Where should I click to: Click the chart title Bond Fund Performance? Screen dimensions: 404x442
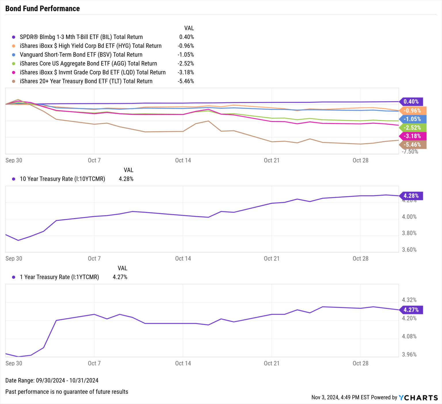(x=43, y=9)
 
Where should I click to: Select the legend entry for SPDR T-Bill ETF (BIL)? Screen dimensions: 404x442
(x=81, y=37)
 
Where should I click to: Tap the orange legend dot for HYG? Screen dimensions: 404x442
(x=14, y=46)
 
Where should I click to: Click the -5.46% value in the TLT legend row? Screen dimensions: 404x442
(x=186, y=81)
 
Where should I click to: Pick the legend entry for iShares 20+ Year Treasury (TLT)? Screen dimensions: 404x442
(x=86, y=81)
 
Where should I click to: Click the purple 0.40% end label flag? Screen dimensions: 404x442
(x=411, y=102)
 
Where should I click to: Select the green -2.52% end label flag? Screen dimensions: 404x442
(x=412, y=127)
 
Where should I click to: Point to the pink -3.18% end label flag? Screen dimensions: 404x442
(x=412, y=136)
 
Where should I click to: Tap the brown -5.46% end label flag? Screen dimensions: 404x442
(x=412, y=145)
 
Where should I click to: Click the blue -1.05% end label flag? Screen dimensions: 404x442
(x=412, y=119)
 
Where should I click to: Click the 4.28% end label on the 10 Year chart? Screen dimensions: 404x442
(x=411, y=196)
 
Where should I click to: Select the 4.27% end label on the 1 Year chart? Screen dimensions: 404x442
(x=411, y=310)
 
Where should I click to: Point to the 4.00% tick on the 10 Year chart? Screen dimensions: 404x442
(x=409, y=217)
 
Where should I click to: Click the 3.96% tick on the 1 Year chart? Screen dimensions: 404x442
(x=409, y=355)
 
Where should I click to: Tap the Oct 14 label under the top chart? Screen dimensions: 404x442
(x=183, y=160)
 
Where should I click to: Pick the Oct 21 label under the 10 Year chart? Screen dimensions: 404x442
(x=272, y=258)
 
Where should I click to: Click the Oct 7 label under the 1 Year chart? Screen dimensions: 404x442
(x=94, y=363)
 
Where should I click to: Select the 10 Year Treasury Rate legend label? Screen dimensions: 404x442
(x=62, y=179)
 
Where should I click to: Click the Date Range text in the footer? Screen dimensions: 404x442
(x=52, y=380)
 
